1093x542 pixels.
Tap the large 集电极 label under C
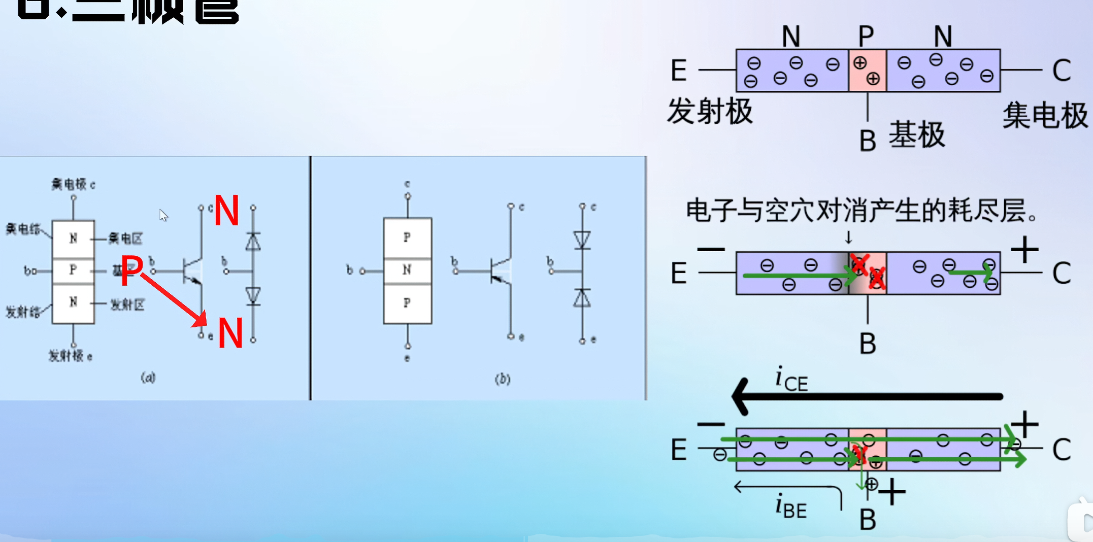pos(1045,116)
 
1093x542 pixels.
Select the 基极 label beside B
pos(917,135)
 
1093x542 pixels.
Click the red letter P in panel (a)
pos(132,270)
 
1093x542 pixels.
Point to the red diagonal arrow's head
pos(202,320)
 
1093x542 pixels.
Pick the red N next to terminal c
pos(226,211)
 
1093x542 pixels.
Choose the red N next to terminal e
pos(230,333)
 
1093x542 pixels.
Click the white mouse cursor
pos(163,215)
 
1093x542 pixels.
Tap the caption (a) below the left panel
pos(148,378)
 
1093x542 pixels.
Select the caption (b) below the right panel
pos(503,379)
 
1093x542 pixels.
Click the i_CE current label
pos(791,380)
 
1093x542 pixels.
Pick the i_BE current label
pos(791,507)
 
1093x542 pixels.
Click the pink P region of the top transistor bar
pos(868,71)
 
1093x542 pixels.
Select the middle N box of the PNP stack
pos(407,270)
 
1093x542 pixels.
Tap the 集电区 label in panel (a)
pos(125,239)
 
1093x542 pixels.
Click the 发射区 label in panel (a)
pos(127,304)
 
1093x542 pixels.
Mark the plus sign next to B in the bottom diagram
pos(892,491)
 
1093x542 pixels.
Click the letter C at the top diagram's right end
pos(1062,71)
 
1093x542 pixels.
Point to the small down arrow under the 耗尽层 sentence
pos(848,238)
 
